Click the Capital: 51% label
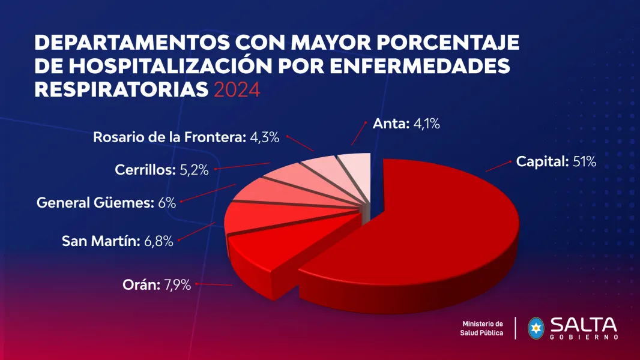tap(556, 162)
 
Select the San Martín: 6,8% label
tap(118, 242)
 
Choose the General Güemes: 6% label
tap(106, 203)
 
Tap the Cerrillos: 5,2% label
tap(162, 170)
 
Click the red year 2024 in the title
tap(237, 90)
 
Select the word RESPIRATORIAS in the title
tap(121, 90)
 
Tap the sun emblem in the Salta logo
tap(536, 328)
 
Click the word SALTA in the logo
tap(583, 325)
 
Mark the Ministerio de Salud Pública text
tap(482, 328)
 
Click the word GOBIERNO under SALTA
tap(583, 337)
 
